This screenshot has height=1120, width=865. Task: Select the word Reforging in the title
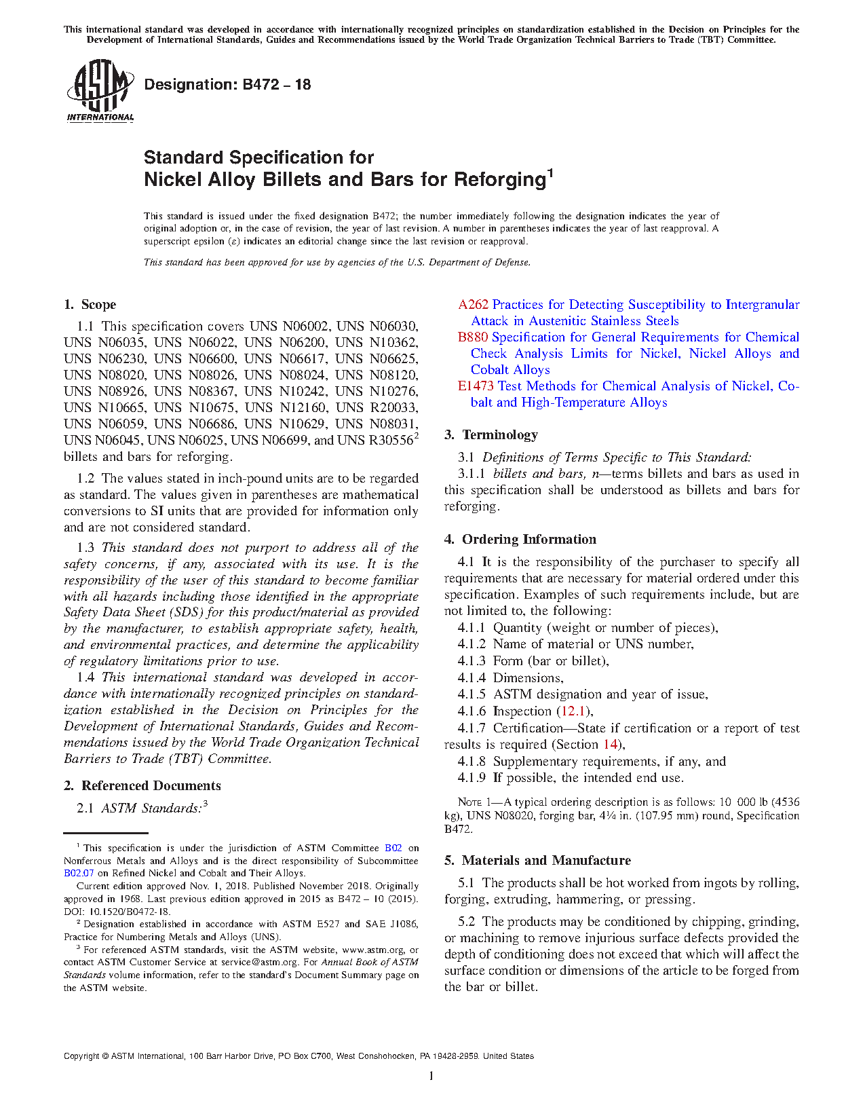coord(500,180)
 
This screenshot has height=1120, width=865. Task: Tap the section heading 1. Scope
coord(90,305)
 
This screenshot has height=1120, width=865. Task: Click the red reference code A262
coord(473,305)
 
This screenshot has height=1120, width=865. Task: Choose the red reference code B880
coord(472,337)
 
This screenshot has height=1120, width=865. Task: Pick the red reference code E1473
coord(476,386)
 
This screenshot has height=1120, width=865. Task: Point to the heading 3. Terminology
coord(491,435)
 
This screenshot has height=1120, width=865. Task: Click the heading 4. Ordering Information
coord(520,540)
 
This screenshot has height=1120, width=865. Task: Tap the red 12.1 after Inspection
coord(575,711)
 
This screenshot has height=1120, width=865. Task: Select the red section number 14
coord(611,745)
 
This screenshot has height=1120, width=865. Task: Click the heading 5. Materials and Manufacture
coord(537,861)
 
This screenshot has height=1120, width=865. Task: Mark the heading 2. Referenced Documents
coord(142,786)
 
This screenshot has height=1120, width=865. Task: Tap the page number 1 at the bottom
coord(431,1076)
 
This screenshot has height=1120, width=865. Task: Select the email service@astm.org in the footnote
coord(259,962)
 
